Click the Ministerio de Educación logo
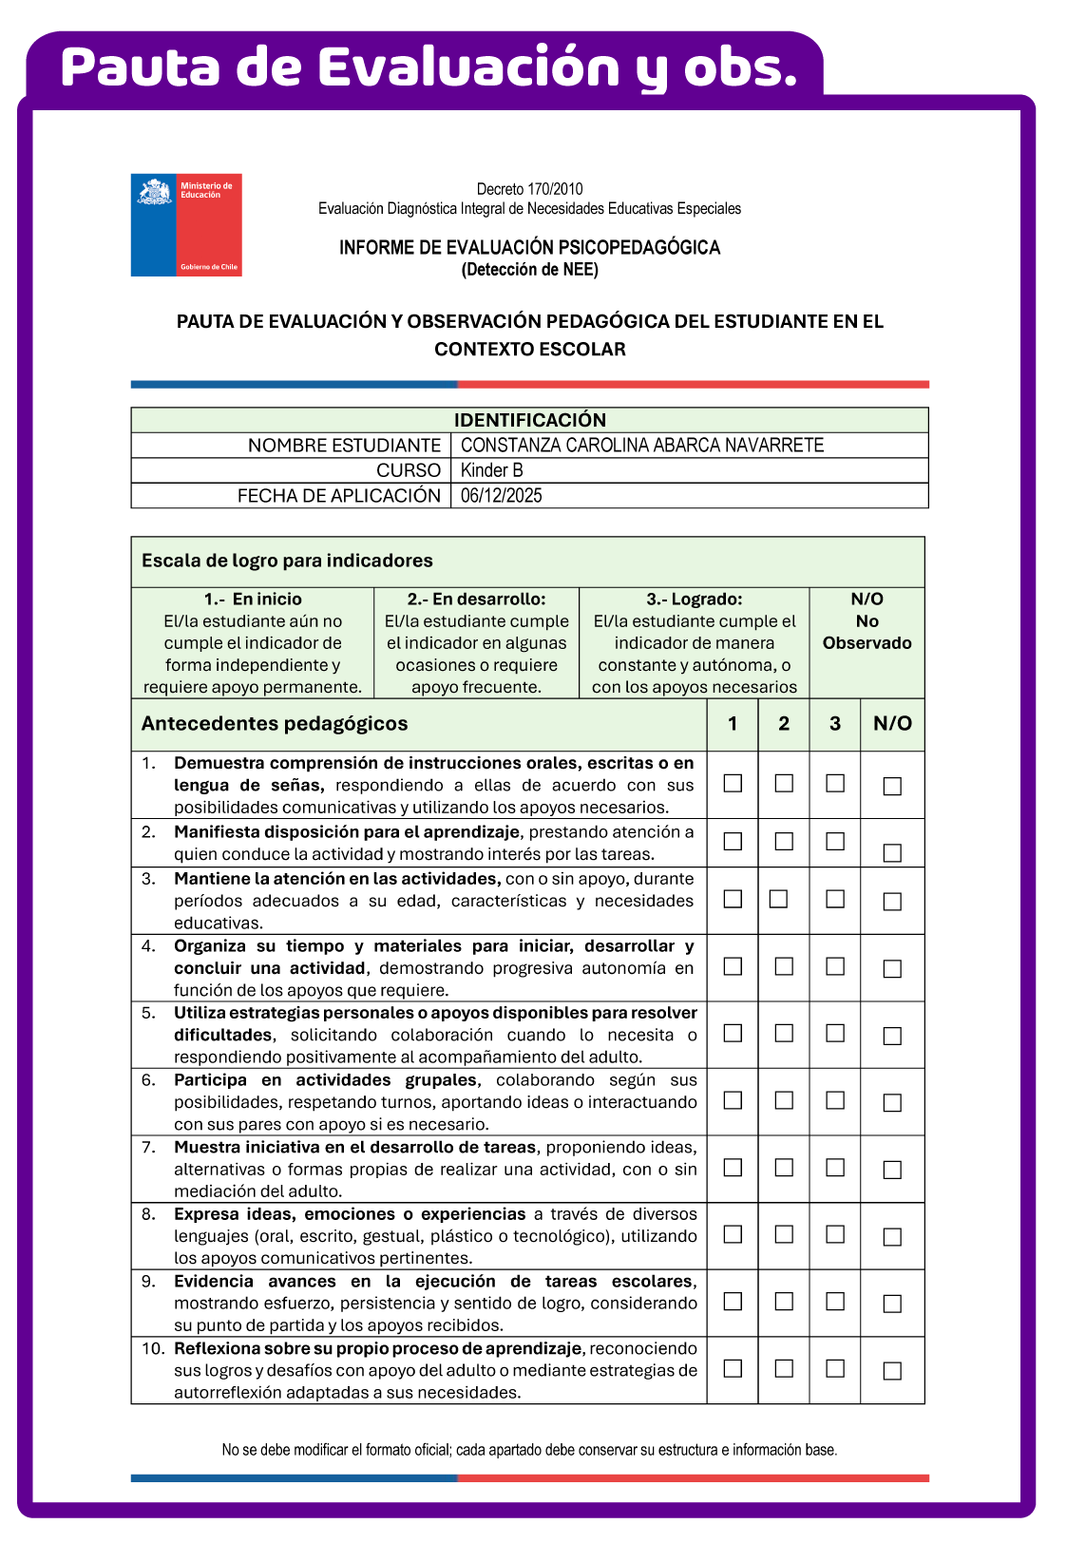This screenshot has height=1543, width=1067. pyautogui.click(x=186, y=225)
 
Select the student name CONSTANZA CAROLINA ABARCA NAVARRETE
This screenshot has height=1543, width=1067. pyautogui.click(x=641, y=446)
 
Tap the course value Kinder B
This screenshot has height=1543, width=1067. pyautogui.click(x=491, y=470)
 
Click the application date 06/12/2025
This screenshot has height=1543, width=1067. pyautogui.click(x=501, y=495)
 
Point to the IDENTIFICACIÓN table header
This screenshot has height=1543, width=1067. pyautogui.click(x=529, y=420)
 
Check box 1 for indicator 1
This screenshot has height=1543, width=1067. pyautogui.click(x=733, y=783)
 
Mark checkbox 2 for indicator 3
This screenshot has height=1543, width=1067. pyautogui.click(x=778, y=898)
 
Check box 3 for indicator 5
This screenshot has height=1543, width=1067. pyautogui.click(x=835, y=1033)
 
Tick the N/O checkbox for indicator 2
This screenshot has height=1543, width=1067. pyautogui.click(x=892, y=852)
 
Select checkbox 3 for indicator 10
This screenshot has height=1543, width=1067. pyautogui.click(x=835, y=1368)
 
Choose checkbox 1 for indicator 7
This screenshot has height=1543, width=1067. pyautogui.click(x=733, y=1168)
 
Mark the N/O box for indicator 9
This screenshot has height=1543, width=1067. pyautogui.click(x=892, y=1304)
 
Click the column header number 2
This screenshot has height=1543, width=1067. pyautogui.click(x=784, y=724)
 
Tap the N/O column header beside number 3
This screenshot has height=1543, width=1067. pyautogui.click(x=892, y=724)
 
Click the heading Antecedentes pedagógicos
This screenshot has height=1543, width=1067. pyautogui.click(x=275, y=724)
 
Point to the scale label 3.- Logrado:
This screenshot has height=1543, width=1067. pyautogui.click(x=694, y=600)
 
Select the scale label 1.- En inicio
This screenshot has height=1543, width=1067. pyautogui.click(x=253, y=600)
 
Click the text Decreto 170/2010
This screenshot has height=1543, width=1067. pyautogui.click(x=529, y=189)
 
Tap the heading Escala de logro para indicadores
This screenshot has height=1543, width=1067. pyautogui.click(x=287, y=561)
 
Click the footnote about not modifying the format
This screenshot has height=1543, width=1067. pyautogui.click(x=529, y=1450)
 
